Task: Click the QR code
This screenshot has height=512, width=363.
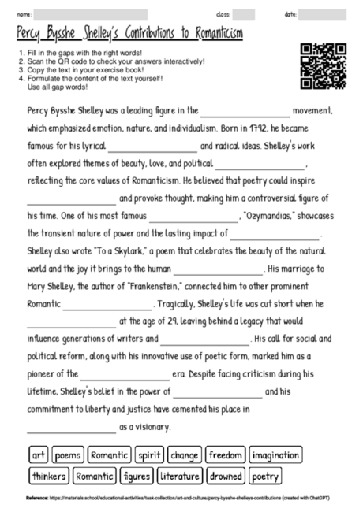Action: pos(324,65)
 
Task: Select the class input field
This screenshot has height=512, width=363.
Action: pos(243,14)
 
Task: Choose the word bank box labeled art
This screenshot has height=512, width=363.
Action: pos(39,455)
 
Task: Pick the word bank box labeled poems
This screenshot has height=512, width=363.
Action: pos(68,455)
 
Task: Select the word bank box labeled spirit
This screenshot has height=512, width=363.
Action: pos(148,455)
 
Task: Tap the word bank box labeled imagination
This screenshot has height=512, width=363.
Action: pos(275,455)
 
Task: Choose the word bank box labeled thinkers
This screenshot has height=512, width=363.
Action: pos(49,476)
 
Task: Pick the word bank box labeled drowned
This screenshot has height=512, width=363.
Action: pos(226,476)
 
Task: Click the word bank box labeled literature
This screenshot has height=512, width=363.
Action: pos(180,476)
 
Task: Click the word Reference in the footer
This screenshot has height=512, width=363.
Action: pos(36,499)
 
